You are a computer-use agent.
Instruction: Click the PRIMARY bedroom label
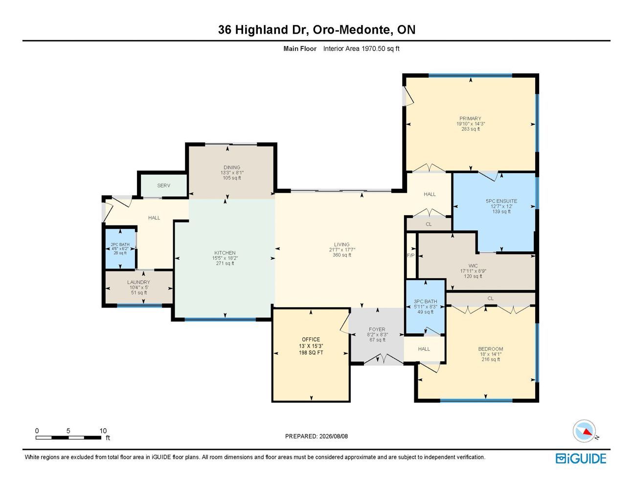[470, 118]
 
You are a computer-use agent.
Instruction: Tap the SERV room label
[164, 185]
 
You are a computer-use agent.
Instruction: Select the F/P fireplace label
[411, 256]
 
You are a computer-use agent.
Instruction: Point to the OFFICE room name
[311, 339]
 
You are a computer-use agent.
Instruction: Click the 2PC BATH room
[120, 248]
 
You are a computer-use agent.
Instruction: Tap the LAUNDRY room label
[138, 282]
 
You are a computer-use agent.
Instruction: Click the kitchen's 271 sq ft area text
[225, 264]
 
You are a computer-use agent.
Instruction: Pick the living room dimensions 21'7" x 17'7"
[342, 250]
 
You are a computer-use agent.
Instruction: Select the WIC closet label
[473, 266]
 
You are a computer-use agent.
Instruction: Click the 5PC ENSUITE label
[501, 201]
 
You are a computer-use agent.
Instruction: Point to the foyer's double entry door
[384, 359]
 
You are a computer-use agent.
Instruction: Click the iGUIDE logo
[581, 459]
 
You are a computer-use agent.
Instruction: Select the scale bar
[68, 438]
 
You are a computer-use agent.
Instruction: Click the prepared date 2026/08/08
[334, 436]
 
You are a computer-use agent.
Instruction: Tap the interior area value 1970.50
[373, 48]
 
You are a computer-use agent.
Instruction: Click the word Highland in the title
[261, 30]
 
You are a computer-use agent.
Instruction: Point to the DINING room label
[232, 167]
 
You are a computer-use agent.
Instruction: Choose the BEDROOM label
[491, 349]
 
